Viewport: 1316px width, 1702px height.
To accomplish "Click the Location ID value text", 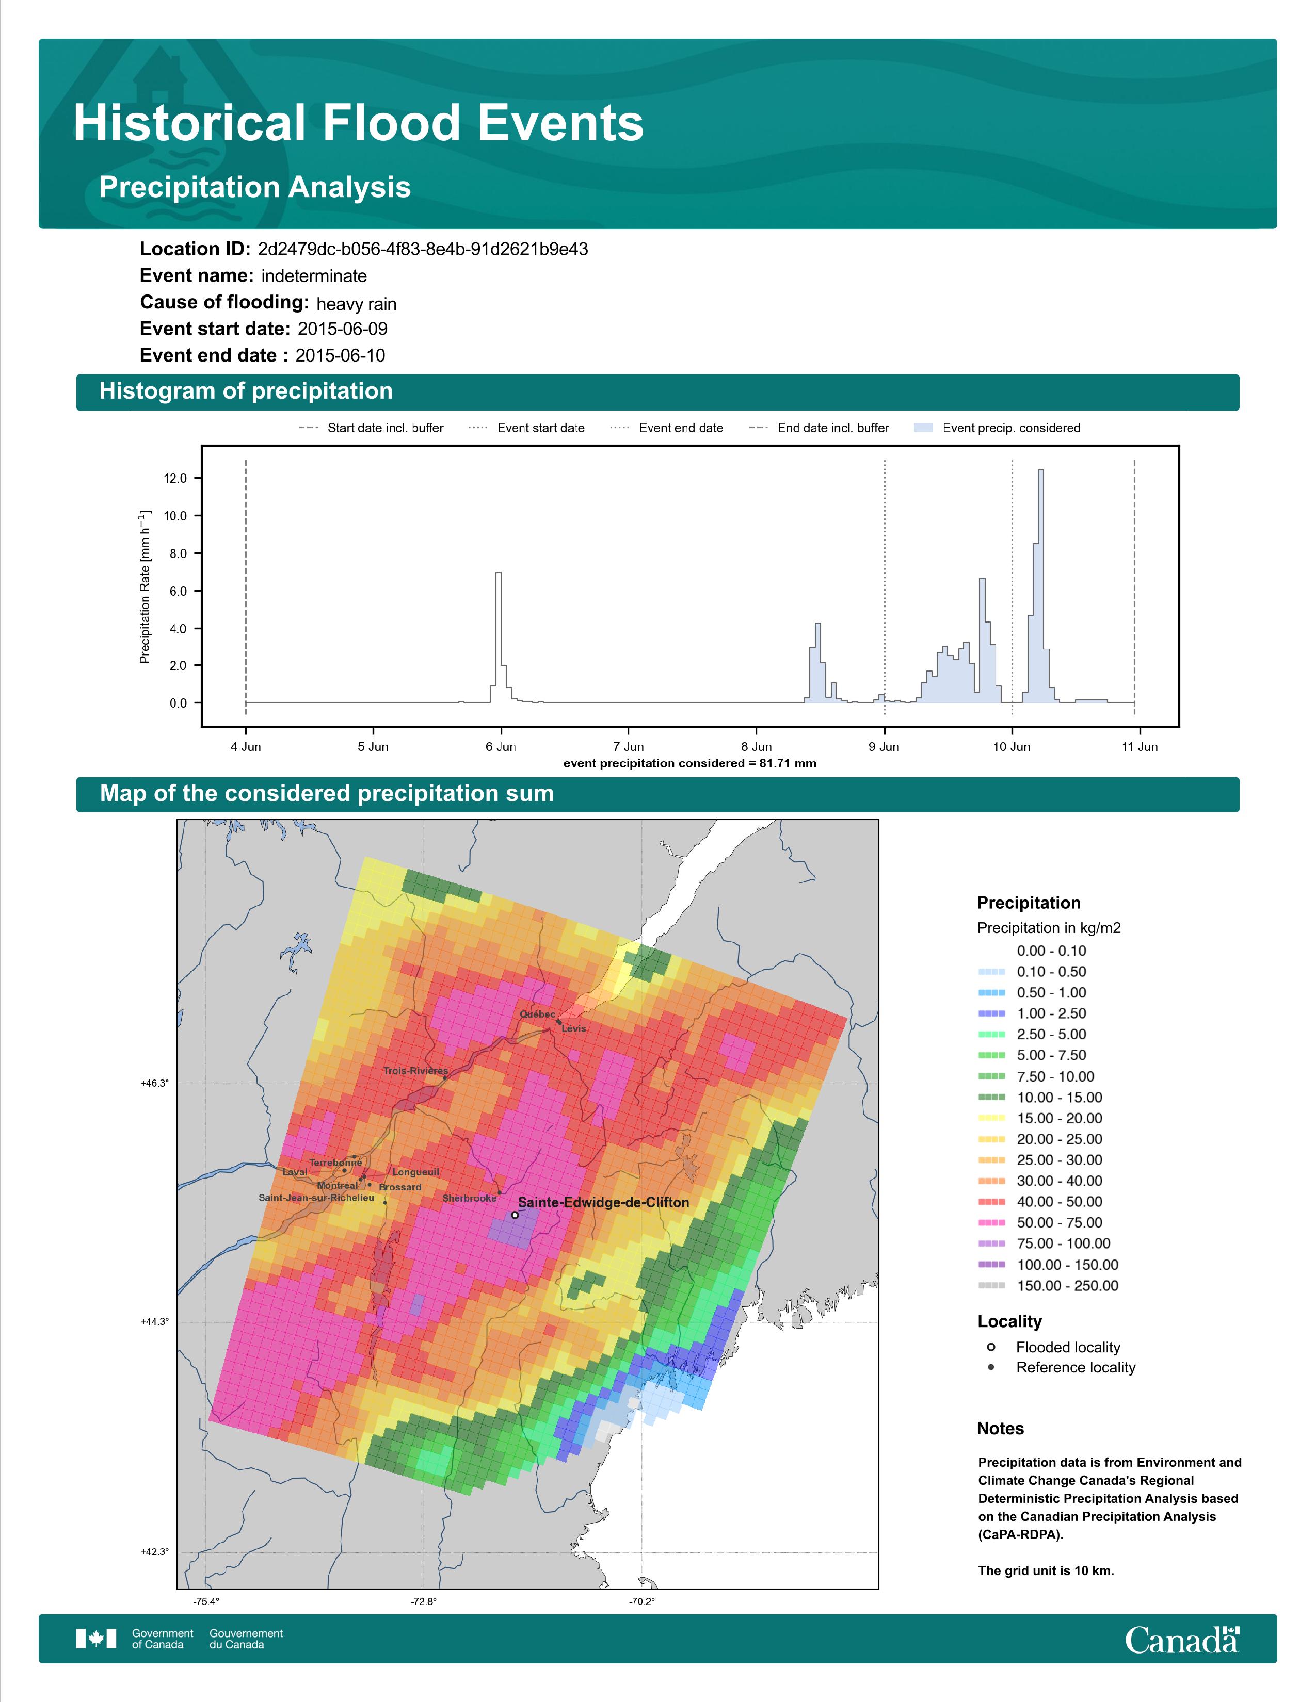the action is click(423, 250).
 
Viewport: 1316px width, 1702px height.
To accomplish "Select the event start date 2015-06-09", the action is click(342, 329).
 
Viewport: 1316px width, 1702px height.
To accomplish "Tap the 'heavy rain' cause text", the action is click(356, 304).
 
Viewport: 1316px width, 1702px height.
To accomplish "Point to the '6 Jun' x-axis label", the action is click(501, 747).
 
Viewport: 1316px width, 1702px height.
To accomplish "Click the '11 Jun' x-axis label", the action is click(1140, 747).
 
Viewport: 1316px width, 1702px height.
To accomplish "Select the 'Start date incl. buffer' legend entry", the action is click(371, 428).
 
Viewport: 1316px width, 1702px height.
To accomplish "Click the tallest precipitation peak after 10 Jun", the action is click(1041, 471).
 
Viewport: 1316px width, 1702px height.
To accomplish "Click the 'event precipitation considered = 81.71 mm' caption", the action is click(690, 764).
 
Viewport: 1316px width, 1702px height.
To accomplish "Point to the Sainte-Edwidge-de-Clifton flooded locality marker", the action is click(515, 1215).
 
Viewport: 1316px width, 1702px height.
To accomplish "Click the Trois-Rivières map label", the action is click(415, 1071).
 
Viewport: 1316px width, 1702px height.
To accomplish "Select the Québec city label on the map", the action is click(538, 1014).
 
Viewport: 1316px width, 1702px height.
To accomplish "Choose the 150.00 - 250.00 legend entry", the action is click(1048, 1286).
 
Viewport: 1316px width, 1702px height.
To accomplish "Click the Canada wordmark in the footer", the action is click(1182, 1639).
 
